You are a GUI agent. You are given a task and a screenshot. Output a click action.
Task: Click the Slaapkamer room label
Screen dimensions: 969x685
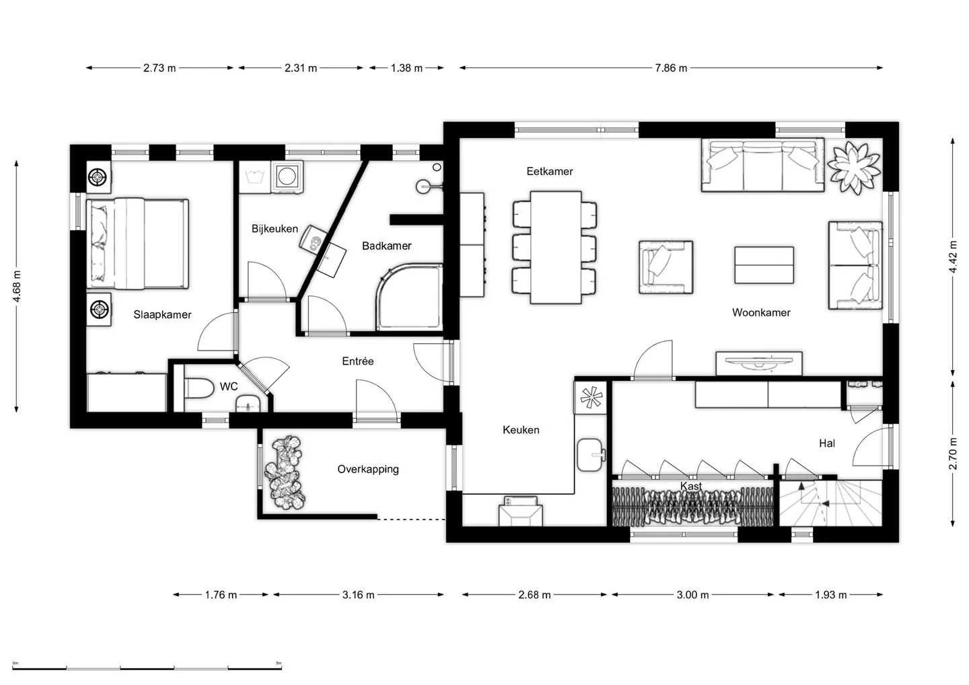point(162,314)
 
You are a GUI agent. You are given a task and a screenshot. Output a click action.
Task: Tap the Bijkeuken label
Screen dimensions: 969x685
point(275,229)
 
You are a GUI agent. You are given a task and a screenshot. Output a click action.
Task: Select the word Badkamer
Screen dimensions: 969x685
point(387,246)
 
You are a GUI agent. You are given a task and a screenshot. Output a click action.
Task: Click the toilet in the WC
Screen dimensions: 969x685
point(199,388)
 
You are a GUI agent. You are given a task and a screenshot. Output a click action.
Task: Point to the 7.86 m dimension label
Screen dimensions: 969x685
point(671,68)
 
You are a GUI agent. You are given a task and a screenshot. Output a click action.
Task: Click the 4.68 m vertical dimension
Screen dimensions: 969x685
point(17,286)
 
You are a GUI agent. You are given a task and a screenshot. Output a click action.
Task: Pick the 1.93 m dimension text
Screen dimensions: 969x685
point(831,595)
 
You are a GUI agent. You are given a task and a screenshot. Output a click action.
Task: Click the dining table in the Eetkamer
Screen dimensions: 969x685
point(556,248)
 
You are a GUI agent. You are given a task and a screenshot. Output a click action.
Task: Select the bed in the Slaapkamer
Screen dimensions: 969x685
point(137,244)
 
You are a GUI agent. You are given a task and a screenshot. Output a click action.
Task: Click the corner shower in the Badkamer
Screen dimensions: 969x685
point(410,298)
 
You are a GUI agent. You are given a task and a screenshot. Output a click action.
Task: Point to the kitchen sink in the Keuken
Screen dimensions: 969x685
point(590,454)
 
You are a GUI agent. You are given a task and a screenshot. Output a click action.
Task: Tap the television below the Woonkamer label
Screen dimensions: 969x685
point(759,363)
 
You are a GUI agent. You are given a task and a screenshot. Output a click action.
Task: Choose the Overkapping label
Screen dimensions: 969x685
point(368,469)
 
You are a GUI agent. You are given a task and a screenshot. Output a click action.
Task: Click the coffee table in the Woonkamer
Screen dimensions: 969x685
point(764,265)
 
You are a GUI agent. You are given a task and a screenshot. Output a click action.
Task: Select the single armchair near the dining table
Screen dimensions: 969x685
point(666,268)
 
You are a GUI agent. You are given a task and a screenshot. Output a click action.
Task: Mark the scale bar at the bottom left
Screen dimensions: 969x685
point(147,668)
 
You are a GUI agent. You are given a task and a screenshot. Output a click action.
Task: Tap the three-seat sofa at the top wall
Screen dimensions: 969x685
point(762,165)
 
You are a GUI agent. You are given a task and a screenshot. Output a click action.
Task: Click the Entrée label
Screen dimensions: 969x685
point(358,361)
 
